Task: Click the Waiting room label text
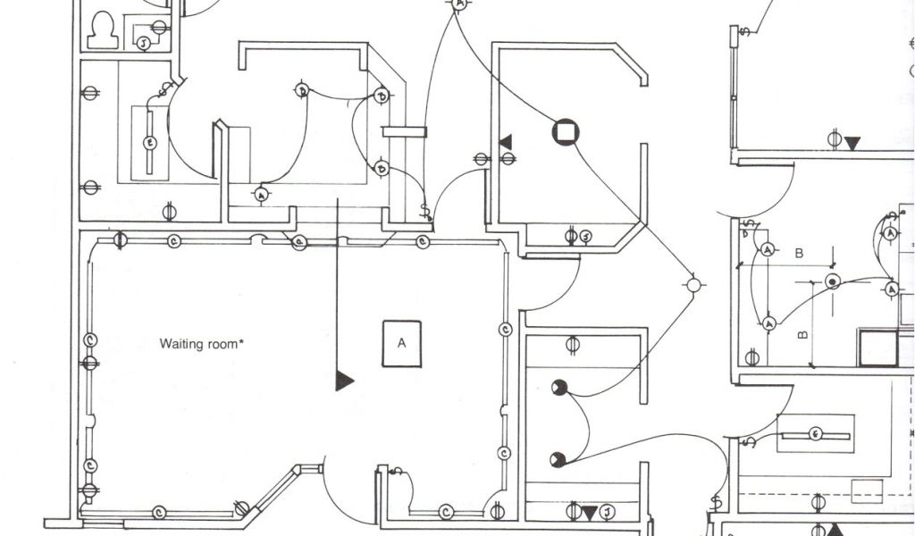tap(202, 343)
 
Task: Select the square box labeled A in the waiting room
tap(402, 343)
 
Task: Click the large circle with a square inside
tap(565, 132)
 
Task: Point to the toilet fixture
tap(102, 30)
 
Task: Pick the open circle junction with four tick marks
tap(693, 285)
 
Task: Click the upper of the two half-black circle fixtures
tap(559, 387)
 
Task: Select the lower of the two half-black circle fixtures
tap(558, 459)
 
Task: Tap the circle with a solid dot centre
tap(833, 282)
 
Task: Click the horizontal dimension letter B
tap(799, 254)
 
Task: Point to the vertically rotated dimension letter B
tap(802, 337)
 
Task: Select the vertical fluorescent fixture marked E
tap(149, 142)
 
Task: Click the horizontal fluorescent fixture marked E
tap(815, 434)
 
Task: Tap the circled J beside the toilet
tap(141, 43)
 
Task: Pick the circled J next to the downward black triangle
tap(607, 512)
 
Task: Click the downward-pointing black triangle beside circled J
tap(590, 513)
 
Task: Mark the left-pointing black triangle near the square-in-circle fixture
tap(506, 141)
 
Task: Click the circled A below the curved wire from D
tap(261, 193)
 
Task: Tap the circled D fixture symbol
tap(302, 90)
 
